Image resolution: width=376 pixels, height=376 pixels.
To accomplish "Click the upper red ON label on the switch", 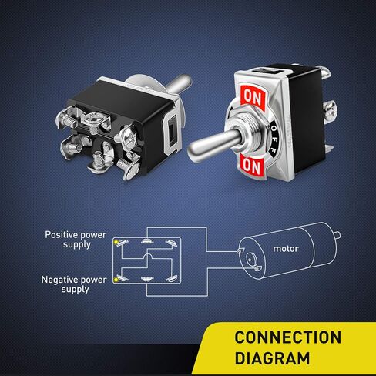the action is click(x=253, y=98).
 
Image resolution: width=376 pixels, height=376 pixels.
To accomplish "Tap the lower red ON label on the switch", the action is click(x=252, y=166).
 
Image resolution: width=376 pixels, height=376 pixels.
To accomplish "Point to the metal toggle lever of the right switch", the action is click(x=215, y=146).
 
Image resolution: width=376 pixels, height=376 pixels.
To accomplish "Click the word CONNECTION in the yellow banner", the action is click(x=288, y=337).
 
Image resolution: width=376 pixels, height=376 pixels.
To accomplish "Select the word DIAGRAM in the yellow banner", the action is click(x=272, y=358).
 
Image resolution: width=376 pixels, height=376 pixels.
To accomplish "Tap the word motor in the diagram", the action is click(x=286, y=249).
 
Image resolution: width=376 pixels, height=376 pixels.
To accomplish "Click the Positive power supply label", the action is click(x=76, y=240).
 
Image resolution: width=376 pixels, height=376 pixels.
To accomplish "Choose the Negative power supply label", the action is click(x=74, y=284).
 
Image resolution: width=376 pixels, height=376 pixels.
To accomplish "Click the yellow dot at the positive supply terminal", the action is click(x=116, y=242).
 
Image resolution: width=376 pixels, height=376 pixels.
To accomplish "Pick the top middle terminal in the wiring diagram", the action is click(x=147, y=241).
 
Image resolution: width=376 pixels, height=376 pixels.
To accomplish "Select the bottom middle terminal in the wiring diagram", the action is click(x=147, y=279).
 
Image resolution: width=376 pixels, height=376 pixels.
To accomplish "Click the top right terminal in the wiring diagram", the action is click(x=171, y=243).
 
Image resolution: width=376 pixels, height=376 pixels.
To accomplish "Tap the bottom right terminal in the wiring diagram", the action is click(x=171, y=278).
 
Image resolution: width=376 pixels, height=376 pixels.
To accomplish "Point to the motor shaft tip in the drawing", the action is click(x=338, y=235).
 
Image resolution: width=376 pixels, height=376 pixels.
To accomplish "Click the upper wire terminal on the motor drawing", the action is click(x=240, y=250).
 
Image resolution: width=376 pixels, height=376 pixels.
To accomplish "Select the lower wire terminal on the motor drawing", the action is click(x=257, y=268).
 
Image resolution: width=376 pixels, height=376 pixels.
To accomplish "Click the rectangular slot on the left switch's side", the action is click(x=172, y=131).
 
